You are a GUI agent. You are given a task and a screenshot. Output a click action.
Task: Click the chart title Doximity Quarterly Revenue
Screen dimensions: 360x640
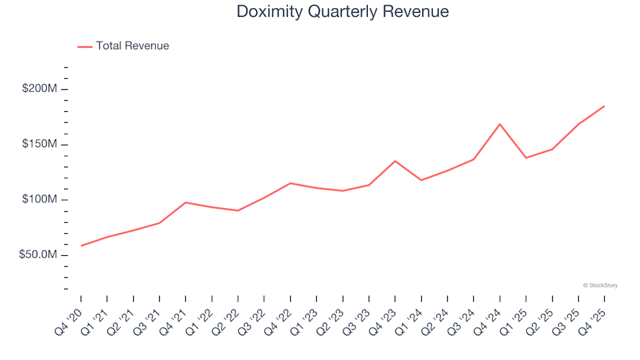pos(343,12)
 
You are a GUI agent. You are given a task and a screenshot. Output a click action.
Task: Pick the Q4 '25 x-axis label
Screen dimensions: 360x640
pos(595,312)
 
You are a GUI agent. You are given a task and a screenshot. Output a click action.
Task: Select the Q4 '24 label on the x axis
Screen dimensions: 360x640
pos(491,312)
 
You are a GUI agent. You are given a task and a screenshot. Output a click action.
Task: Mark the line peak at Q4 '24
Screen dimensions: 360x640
pos(500,124)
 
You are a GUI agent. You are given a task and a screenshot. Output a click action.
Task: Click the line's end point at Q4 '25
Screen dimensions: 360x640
pos(604,106)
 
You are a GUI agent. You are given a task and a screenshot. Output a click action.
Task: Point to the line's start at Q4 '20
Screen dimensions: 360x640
pos(81,246)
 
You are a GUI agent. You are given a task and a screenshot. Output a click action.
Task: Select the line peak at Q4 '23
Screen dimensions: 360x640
pos(395,161)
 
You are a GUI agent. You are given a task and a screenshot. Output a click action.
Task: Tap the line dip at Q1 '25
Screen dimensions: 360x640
pos(526,158)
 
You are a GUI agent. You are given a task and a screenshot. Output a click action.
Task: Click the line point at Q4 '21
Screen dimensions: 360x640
pos(185,202)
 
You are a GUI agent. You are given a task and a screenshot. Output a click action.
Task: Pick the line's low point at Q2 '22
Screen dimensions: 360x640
pos(238,211)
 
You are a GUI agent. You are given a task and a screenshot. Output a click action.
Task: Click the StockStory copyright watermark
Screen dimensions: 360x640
pos(600,285)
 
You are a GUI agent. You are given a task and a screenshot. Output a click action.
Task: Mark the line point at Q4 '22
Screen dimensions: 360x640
pos(291,183)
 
